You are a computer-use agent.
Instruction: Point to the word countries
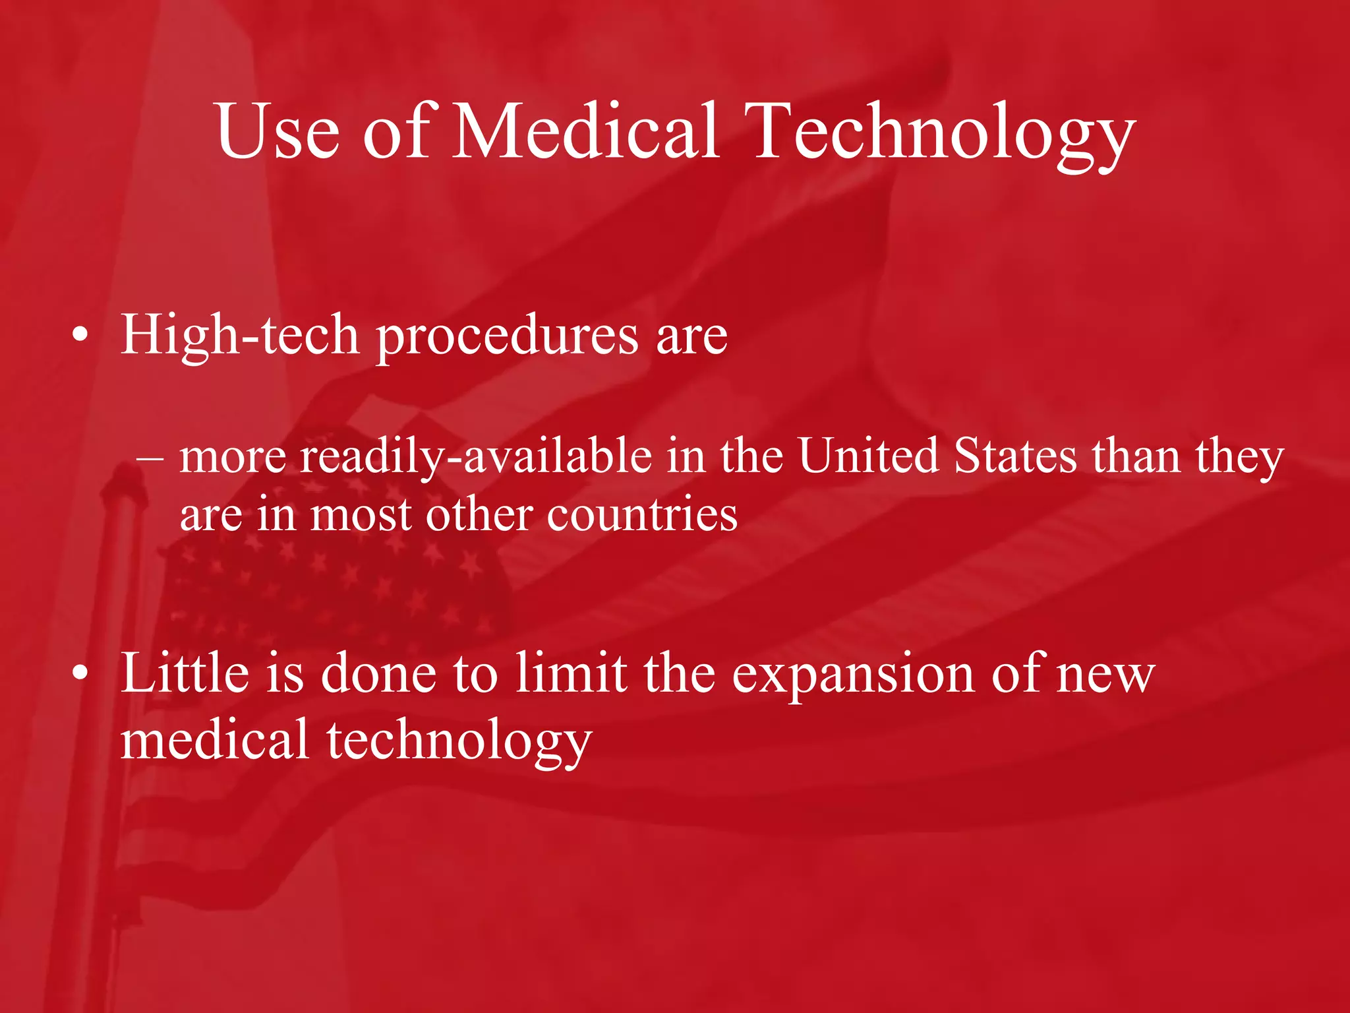tap(642, 515)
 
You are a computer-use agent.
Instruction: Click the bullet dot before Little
tap(80, 673)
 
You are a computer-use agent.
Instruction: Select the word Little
tap(185, 673)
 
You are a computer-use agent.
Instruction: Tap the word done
tap(379, 673)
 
